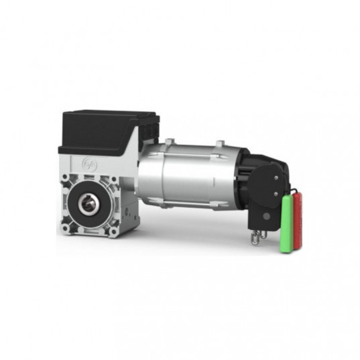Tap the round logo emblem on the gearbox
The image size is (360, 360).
pos(89,163)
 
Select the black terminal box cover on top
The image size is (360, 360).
pos(101,129)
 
